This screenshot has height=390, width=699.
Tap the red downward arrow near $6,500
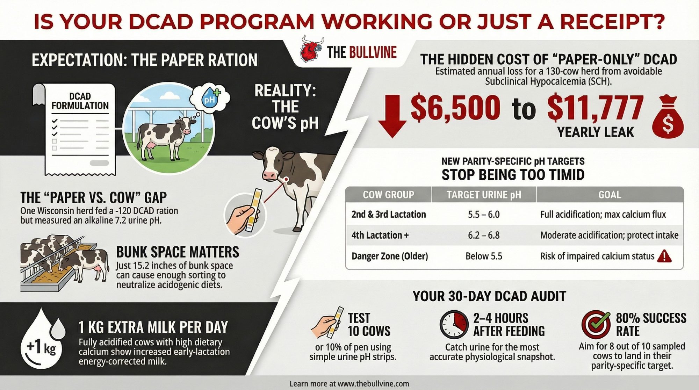coord(392,116)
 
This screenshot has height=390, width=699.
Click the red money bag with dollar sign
coord(668,117)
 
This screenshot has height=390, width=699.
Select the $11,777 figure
coord(595,108)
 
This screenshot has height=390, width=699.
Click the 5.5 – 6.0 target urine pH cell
coord(484,214)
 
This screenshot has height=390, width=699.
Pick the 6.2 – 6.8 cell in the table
coord(484,235)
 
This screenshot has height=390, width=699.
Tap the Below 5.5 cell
coord(484,256)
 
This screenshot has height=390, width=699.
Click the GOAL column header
coord(610,195)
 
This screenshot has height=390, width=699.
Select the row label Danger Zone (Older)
coord(390,256)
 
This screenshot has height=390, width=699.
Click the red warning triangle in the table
coord(664,256)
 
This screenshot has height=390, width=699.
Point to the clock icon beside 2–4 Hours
coord(454,325)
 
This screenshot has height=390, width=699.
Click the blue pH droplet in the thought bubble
coord(210,95)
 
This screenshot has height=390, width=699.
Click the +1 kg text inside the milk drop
coord(41,348)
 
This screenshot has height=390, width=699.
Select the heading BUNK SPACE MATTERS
coord(178,252)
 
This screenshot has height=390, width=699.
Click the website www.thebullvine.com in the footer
coord(373,384)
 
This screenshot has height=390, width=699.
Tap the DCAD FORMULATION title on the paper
coord(80,101)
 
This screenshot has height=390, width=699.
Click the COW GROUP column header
coord(389,195)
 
